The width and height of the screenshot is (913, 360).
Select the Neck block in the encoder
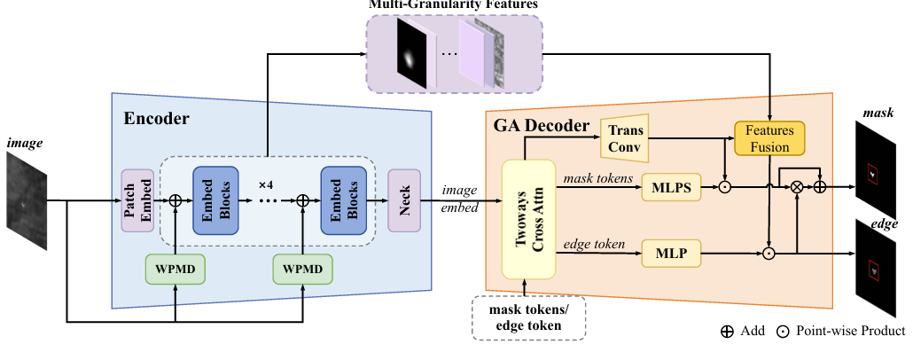point(403,200)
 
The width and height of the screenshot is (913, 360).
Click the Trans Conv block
point(625,138)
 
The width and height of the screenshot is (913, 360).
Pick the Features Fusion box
point(769,138)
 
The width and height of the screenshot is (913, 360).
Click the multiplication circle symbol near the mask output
point(796,187)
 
